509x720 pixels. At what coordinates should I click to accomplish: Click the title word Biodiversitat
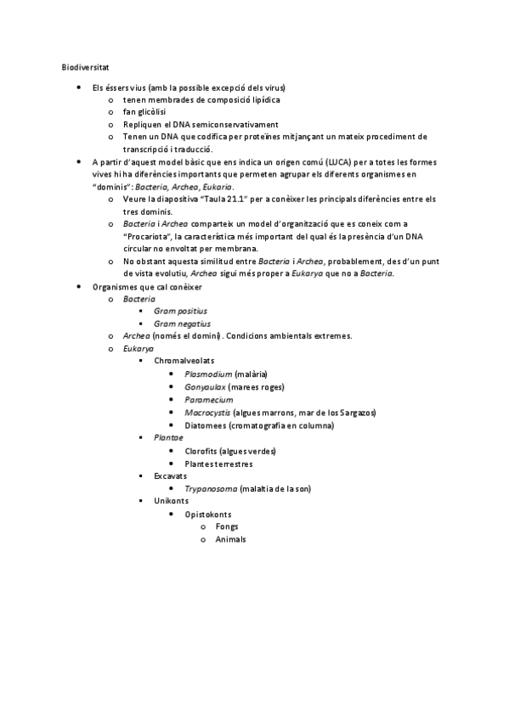click(84, 66)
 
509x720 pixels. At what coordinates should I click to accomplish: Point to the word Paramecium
click(208, 399)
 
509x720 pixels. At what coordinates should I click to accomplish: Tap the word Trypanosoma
click(212, 489)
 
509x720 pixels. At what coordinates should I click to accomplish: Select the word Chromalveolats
click(184, 360)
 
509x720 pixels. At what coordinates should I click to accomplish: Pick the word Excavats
click(171, 476)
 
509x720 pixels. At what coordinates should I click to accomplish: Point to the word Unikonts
click(171, 501)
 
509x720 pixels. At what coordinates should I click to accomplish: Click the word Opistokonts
click(208, 515)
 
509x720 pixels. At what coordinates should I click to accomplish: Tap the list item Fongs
click(227, 527)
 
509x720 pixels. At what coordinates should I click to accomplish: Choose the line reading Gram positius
click(180, 311)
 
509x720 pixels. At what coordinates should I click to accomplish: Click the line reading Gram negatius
click(181, 323)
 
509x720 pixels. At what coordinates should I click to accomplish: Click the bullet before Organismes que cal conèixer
click(79, 287)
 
